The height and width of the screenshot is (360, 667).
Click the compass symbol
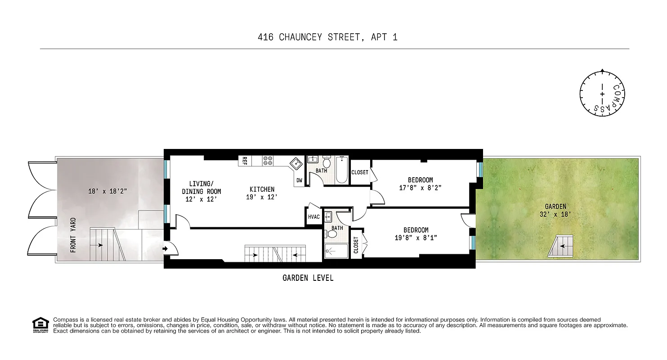(602, 94)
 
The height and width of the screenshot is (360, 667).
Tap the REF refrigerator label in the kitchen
(245, 161)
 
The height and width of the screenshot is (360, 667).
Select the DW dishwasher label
(299, 180)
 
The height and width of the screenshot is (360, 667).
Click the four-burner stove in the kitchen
(269, 161)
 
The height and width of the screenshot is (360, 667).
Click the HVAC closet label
(314, 217)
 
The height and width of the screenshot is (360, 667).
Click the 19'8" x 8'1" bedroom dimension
(416, 238)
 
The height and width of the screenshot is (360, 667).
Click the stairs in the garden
(561, 246)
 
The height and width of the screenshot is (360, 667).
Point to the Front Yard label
(73, 235)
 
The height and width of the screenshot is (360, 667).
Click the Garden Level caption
(308, 278)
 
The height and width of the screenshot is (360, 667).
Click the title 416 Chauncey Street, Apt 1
(327, 37)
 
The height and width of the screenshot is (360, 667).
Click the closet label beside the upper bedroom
(360, 172)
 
